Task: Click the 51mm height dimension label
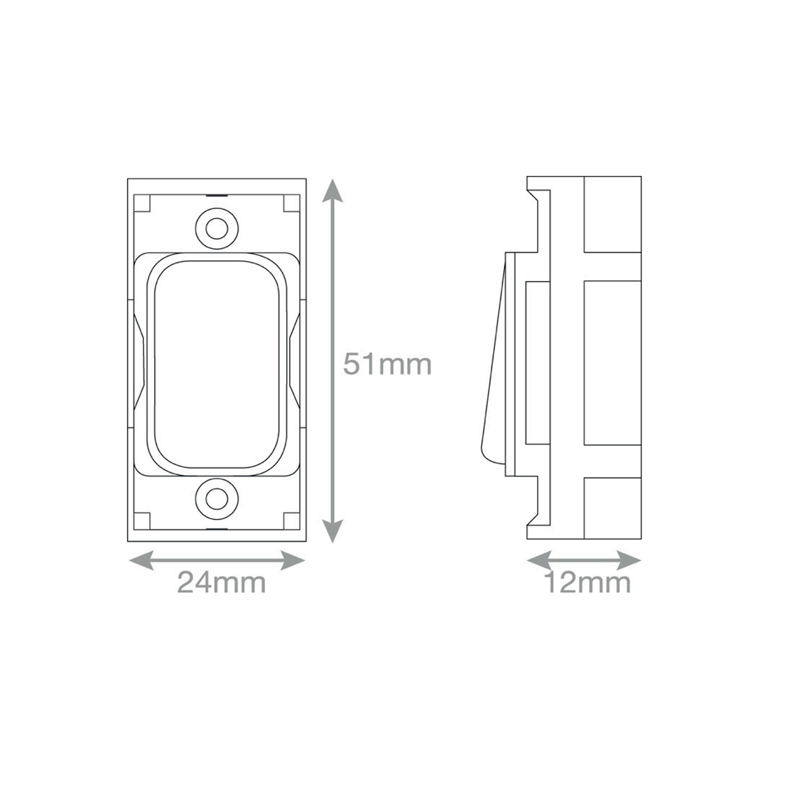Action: [388, 364]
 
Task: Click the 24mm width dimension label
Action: [222, 583]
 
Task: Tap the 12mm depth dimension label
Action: [588, 583]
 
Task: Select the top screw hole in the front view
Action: [217, 229]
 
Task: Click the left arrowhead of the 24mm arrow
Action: [141, 560]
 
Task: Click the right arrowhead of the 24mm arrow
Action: [292, 560]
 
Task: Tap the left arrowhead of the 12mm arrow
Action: [539, 560]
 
